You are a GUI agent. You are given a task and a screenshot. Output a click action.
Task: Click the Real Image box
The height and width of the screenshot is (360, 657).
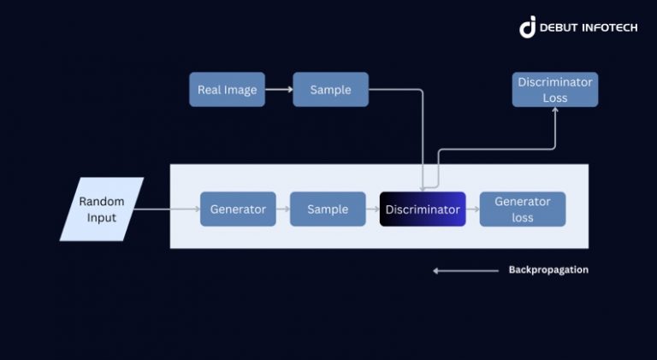click(x=227, y=90)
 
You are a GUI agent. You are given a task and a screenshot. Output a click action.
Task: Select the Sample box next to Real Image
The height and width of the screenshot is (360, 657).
click(x=330, y=90)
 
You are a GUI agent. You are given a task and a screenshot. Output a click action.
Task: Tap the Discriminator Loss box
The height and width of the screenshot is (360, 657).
click(x=554, y=90)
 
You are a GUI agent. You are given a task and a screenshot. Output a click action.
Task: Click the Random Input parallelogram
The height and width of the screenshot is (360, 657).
click(x=102, y=210)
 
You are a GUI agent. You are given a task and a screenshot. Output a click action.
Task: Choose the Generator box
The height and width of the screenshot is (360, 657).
click(x=238, y=210)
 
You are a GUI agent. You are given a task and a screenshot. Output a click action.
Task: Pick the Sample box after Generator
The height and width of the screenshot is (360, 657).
click(x=328, y=210)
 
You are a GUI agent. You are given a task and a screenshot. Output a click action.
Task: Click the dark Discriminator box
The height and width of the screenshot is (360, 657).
click(x=423, y=210)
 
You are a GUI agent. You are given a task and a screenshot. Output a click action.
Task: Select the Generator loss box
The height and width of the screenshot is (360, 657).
click(x=522, y=210)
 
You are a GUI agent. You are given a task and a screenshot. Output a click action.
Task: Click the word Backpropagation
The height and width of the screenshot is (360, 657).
click(x=548, y=270)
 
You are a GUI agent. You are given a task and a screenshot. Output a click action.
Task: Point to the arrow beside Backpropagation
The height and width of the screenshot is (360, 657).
click(x=465, y=270)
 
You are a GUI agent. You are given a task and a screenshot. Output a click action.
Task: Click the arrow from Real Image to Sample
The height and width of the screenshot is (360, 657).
click(x=279, y=90)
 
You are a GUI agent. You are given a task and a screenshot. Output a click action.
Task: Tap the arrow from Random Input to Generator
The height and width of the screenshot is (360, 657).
click(x=167, y=210)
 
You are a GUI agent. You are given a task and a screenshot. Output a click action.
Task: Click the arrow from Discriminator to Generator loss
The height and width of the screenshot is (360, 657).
click(x=472, y=210)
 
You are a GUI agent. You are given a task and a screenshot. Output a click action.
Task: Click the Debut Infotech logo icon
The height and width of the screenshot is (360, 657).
click(x=528, y=27)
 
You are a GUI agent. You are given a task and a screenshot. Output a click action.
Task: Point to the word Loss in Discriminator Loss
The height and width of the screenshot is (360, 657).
click(x=554, y=97)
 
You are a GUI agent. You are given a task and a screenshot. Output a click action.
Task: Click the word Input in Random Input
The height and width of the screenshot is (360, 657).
click(x=102, y=217)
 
